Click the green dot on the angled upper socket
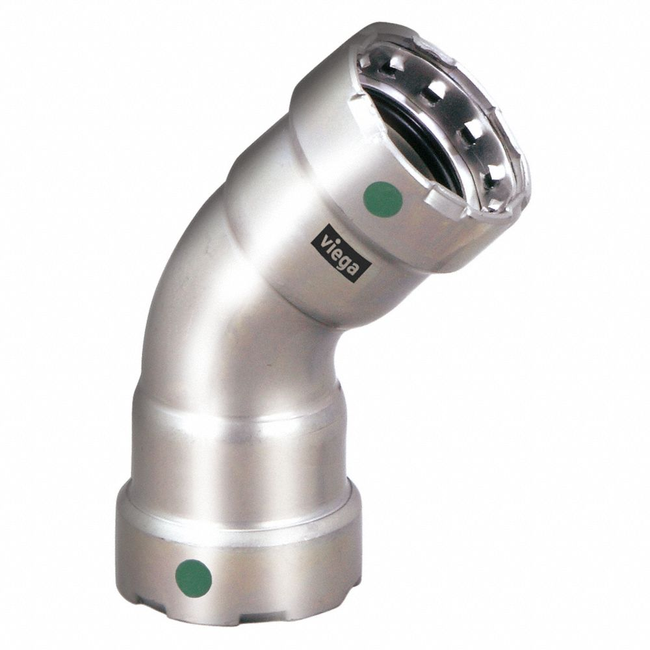[383, 199]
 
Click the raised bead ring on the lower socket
[237, 422]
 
